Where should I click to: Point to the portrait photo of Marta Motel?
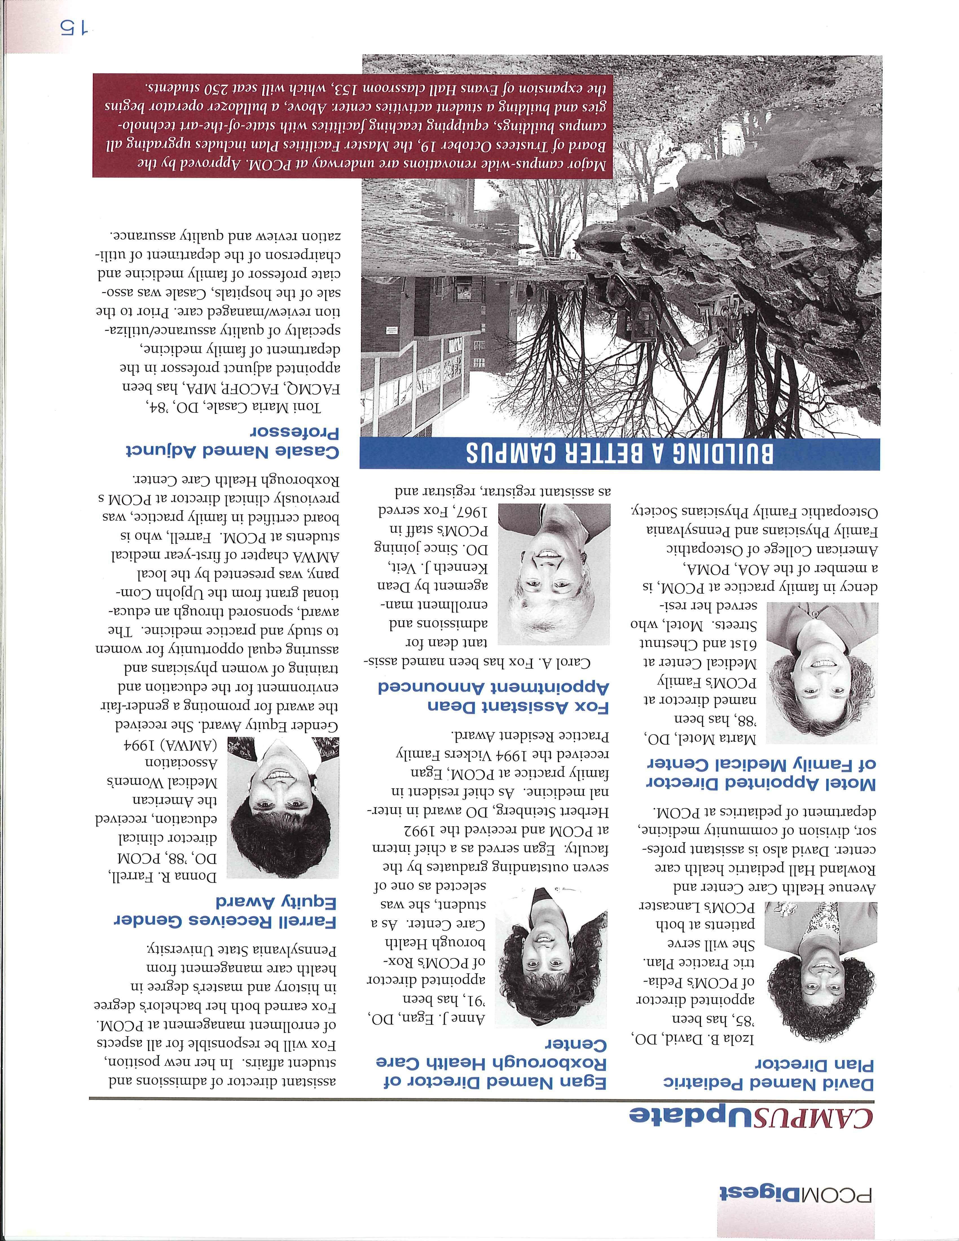[819, 673]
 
